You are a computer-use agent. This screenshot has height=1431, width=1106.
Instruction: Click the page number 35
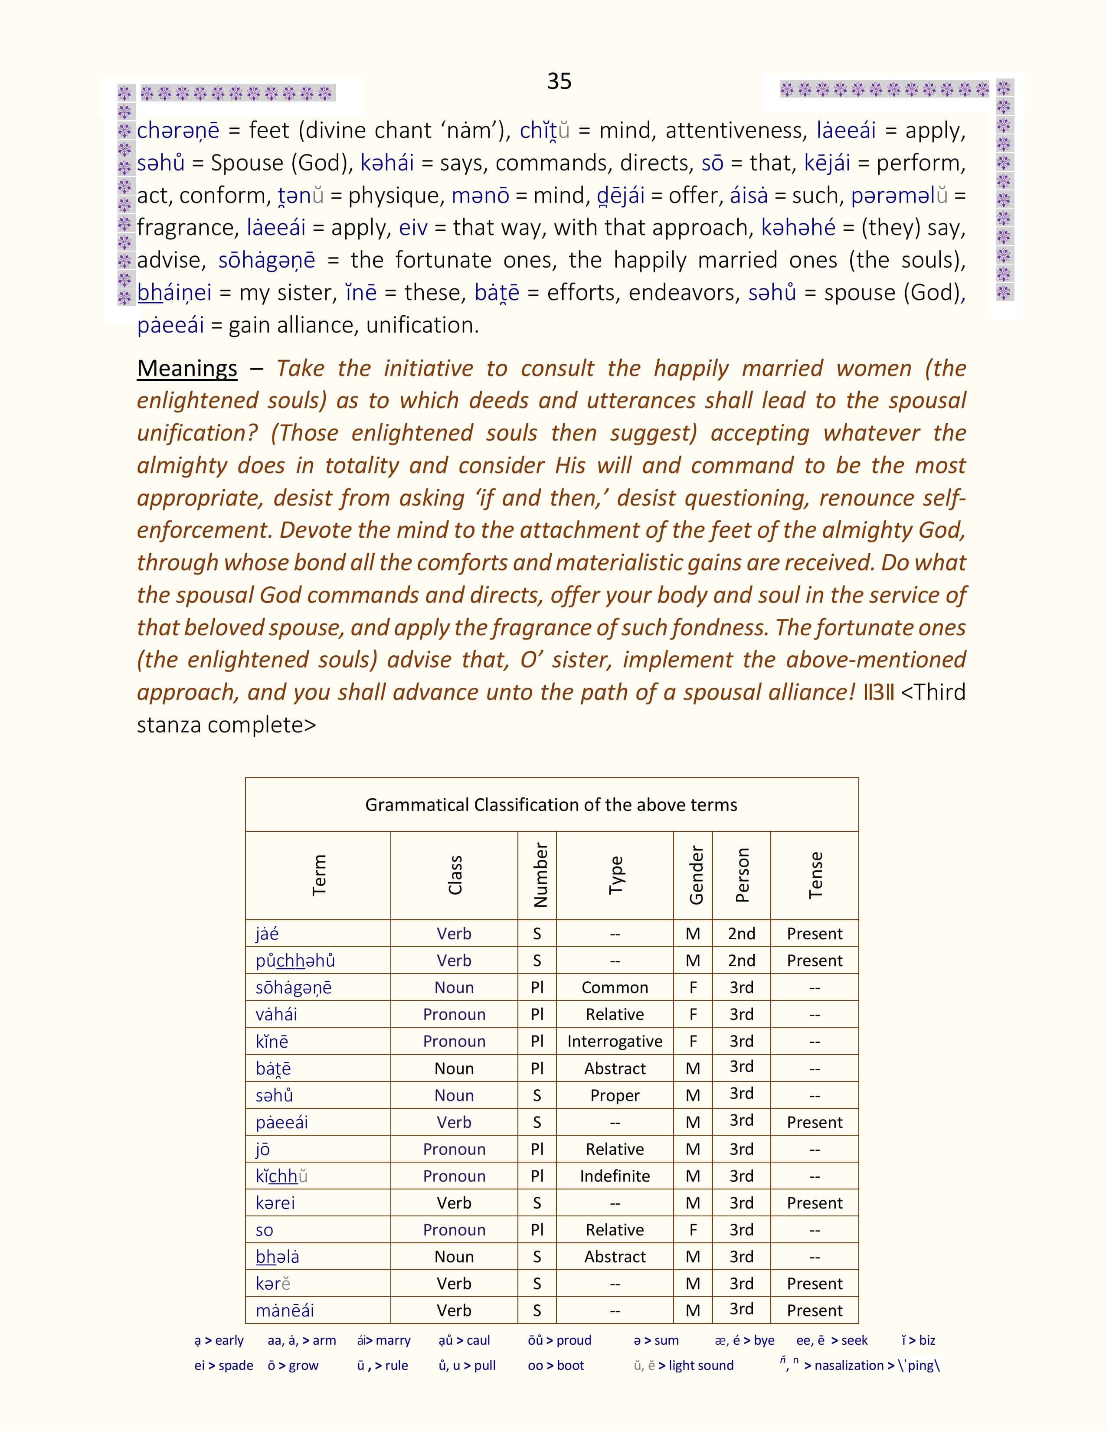coord(559,81)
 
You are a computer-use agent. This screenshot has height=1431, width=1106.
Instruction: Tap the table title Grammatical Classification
coord(551,804)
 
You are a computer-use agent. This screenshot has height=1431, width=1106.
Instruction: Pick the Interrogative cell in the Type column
coord(615,1041)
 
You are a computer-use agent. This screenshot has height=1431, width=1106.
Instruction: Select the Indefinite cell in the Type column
coord(615,1176)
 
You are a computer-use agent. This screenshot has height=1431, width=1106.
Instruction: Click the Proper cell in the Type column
coord(615,1095)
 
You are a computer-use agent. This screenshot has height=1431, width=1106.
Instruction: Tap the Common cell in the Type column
coord(615,987)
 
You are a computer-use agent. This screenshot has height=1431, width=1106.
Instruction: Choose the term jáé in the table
coord(267,934)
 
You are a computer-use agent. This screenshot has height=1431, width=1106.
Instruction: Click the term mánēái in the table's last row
coord(285,1310)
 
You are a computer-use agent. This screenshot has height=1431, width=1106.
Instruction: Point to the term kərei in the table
coord(275,1203)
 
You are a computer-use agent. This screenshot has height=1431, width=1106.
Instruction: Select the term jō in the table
coord(263,1149)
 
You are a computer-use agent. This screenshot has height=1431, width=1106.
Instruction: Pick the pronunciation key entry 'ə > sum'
coord(656,1340)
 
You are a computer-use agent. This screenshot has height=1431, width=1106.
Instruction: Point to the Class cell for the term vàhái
coord(454,1014)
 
